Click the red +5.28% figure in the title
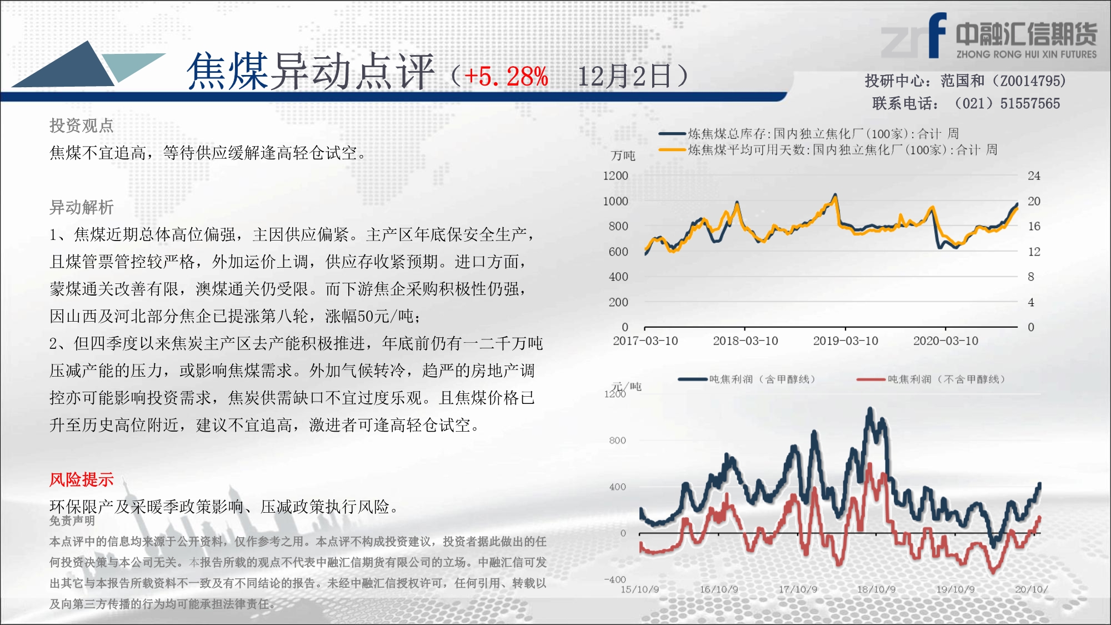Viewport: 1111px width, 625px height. pyautogui.click(x=506, y=76)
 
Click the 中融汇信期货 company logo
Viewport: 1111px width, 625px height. pyautogui.click(x=989, y=36)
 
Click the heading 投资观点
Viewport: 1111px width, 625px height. pyautogui.click(x=82, y=126)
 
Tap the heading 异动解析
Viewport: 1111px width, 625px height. pyautogui.click(x=82, y=207)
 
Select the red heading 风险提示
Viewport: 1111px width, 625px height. pyautogui.click(x=82, y=479)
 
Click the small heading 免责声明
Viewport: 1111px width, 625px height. pyautogui.click(x=72, y=521)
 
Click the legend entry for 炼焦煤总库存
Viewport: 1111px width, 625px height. pyautogui.click(x=809, y=134)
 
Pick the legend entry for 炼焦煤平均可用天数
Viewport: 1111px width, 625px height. pyautogui.click(x=828, y=150)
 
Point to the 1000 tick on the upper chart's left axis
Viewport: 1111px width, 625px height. pyautogui.click(x=615, y=201)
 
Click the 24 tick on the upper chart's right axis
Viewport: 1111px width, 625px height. pyautogui.click(x=1034, y=176)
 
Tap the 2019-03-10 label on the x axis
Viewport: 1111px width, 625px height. pyautogui.click(x=845, y=341)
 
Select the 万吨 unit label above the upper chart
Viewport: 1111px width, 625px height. pyautogui.click(x=623, y=156)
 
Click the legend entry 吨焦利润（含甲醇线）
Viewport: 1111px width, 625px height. pyautogui.click(x=747, y=379)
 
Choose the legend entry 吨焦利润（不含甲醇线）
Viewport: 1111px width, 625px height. pyautogui.click(x=931, y=379)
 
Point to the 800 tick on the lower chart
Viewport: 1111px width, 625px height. pyautogui.click(x=617, y=441)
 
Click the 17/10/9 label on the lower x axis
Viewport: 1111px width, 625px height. pyautogui.click(x=798, y=589)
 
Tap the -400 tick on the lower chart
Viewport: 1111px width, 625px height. pyautogui.click(x=615, y=579)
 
